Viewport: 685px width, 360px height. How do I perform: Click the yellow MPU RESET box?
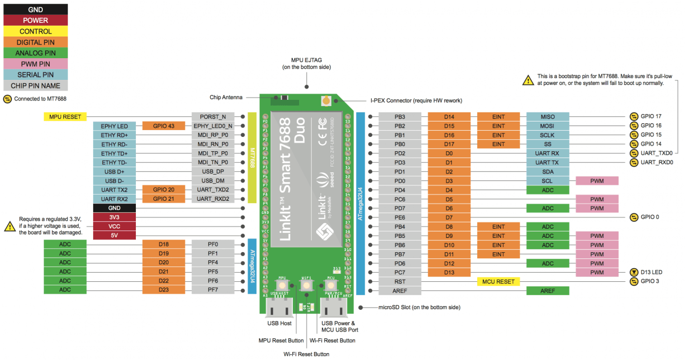tap(65, 116)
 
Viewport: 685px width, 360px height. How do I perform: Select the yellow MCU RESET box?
tap(498, 281)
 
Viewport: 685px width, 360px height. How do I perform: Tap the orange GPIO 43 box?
tap(163, 126)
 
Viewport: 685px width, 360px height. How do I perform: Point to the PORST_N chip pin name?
tap(213, 116)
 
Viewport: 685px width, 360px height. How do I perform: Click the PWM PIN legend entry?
tap(35, 64)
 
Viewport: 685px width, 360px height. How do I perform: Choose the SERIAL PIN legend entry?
tap(35, 75)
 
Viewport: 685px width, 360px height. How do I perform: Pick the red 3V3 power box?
tap(114, 217)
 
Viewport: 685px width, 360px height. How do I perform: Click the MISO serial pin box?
tap(547, 116)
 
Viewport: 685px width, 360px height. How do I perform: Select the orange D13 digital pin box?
tap(449, 272)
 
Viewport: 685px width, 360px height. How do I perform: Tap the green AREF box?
tap(547, 290)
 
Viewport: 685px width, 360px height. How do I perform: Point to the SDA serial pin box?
tap(547, 171)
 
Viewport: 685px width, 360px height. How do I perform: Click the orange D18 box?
tap(163, 244)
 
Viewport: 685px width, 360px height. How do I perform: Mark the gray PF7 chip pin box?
tap(213, 290)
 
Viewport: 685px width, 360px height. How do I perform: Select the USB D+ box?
tap(114, 171)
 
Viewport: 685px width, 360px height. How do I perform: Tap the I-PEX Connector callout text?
tap(416, 100)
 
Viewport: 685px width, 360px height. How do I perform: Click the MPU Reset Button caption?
tap(281, 341)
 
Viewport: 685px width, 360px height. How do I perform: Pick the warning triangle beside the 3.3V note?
tap(10, 226)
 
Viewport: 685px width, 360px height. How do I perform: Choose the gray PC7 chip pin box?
tap(400, 272)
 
